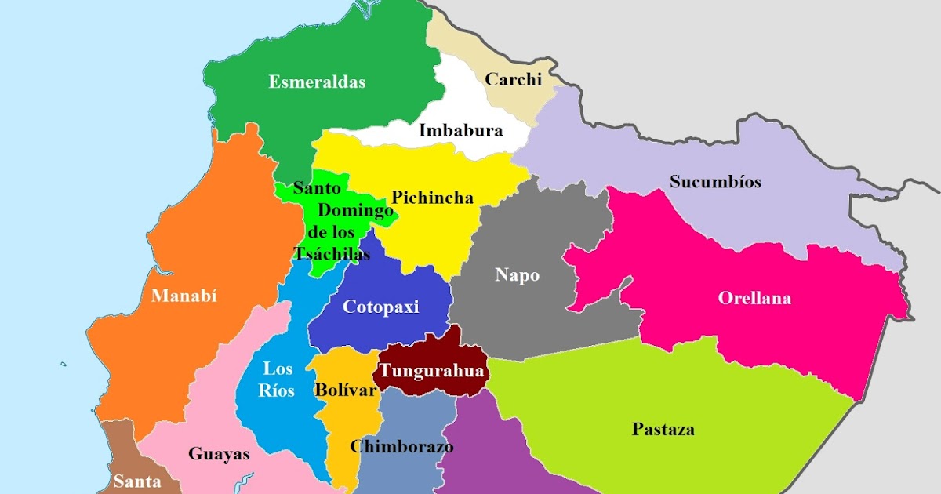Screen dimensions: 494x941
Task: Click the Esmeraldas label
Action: point(317,82)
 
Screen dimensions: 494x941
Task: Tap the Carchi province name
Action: point(514,79)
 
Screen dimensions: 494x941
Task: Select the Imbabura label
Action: point(460,131)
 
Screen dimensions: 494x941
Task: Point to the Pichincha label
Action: point(432,198)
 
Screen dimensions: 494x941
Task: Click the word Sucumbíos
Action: point(715,182)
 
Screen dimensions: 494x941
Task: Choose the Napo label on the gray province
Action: point(517,275)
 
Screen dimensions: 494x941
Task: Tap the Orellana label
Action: point(754,299)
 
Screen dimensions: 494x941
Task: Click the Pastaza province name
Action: point(663,430)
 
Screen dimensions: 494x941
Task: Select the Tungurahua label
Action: point(431,371)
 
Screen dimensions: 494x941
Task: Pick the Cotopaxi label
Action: point(381,307)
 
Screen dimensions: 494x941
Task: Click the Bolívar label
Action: point(346,390)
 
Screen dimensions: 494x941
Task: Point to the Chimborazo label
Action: point(401,447)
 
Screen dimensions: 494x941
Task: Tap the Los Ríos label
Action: point(278,380)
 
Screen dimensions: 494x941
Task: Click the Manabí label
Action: point(183,296)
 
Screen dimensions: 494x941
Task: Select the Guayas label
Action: point(219,454)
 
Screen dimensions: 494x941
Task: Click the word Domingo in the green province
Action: point(354,210)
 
